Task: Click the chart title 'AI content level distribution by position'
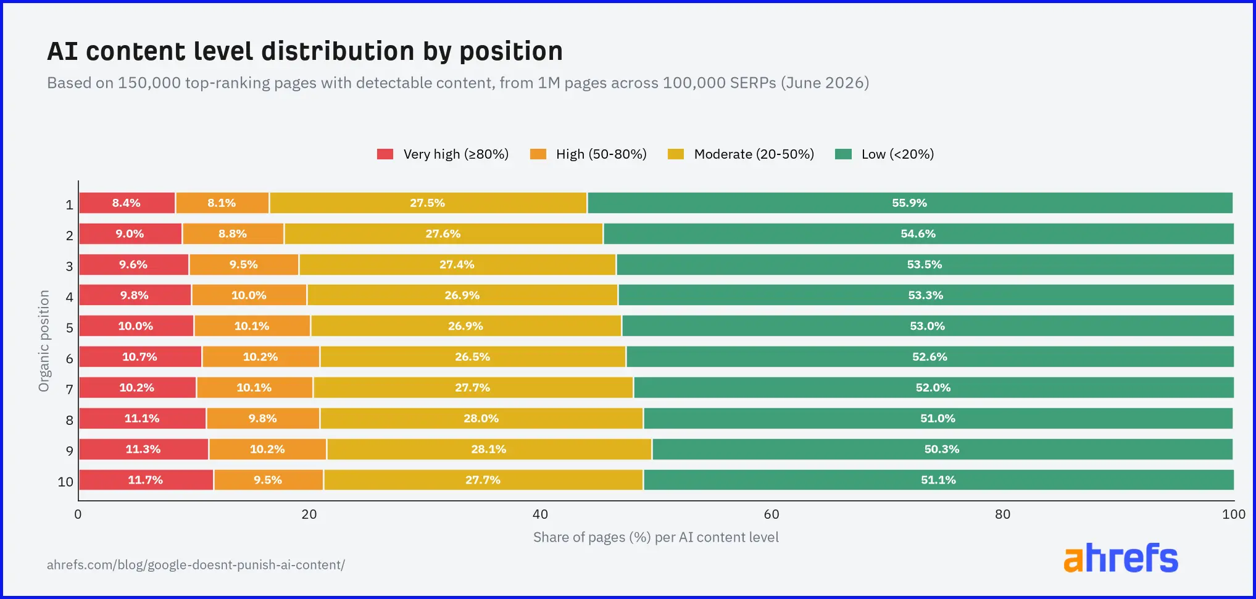(305, 51)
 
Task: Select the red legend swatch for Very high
(385, 154)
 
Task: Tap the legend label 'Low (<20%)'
(897, 154)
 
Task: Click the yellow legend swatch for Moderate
(676, 154)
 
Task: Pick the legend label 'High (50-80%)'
(601, 154)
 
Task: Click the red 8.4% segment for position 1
(127, 203)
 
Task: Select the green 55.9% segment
(910, 203)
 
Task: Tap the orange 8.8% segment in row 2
(233, 234)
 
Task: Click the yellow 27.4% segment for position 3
(457, 265)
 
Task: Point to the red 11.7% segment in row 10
(146, 480)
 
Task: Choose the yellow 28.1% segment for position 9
(489, 450)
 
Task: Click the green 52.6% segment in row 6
(930, 357)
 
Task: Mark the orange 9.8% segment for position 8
(264, 419)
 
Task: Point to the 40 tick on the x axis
(540, 514)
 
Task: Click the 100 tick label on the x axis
(1234, 514)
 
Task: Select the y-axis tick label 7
(70, 389)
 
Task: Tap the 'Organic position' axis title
(44, 341)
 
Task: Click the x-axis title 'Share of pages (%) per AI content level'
(656, 537)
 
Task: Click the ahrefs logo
(1121, 558)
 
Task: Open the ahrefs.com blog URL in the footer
(196, 565)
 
